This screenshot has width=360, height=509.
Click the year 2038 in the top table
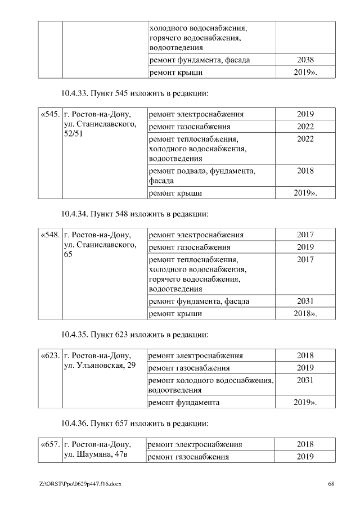pyautogui.click(x=305, y=60)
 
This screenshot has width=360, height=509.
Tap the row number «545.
pyautogui.click(x=50, y=114)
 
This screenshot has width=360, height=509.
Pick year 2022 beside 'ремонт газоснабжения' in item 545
pyautogui.click(x=305, y=127)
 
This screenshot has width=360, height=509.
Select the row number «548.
pyautogui.click(x=50, y=235)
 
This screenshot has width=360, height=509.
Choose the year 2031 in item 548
pyautogui.click(x=305, y=301)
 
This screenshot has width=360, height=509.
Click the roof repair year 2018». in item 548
pyautogui.click(x=305, y=313)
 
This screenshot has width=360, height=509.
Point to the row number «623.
pyautogui.click(x=50, y=356)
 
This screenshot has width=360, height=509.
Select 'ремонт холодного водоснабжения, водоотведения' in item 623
pyautogui.click(x=210, y=385)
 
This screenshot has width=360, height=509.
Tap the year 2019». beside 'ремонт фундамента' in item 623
pyautogui.click(x=305, y=403)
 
